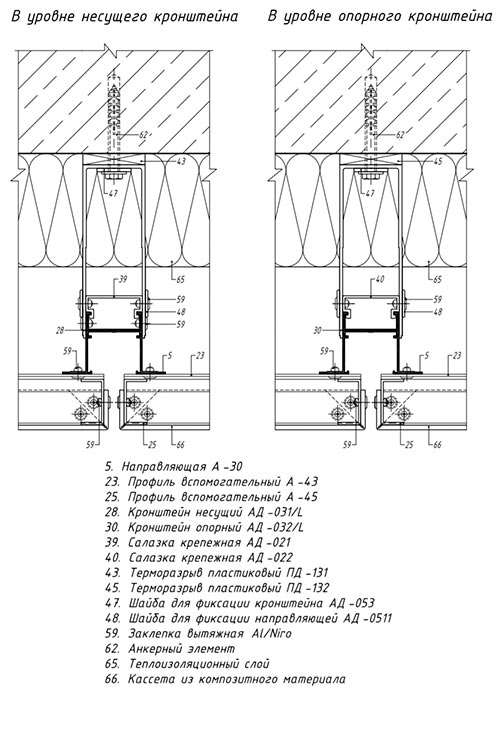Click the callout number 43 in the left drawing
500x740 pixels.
pos(181,161)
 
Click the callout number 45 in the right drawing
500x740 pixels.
pos(438,161)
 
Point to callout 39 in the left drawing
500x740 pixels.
pos(123,279)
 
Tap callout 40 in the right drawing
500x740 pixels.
pos(380,279)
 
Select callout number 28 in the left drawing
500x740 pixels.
pos(60,330)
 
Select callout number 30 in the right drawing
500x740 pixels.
pos(317,330)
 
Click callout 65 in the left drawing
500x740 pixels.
pos(180,279)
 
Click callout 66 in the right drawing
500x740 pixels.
pos(437,445)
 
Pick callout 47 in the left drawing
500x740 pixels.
pos(113,193)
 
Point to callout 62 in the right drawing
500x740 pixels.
pos(400,135)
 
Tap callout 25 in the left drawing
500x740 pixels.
pos(152,445)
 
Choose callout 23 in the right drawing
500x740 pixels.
pos(457,356)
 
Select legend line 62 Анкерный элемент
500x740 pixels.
pos(170,648)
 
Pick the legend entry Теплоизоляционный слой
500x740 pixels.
pos(199,664)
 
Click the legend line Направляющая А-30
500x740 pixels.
pos(173,467)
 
